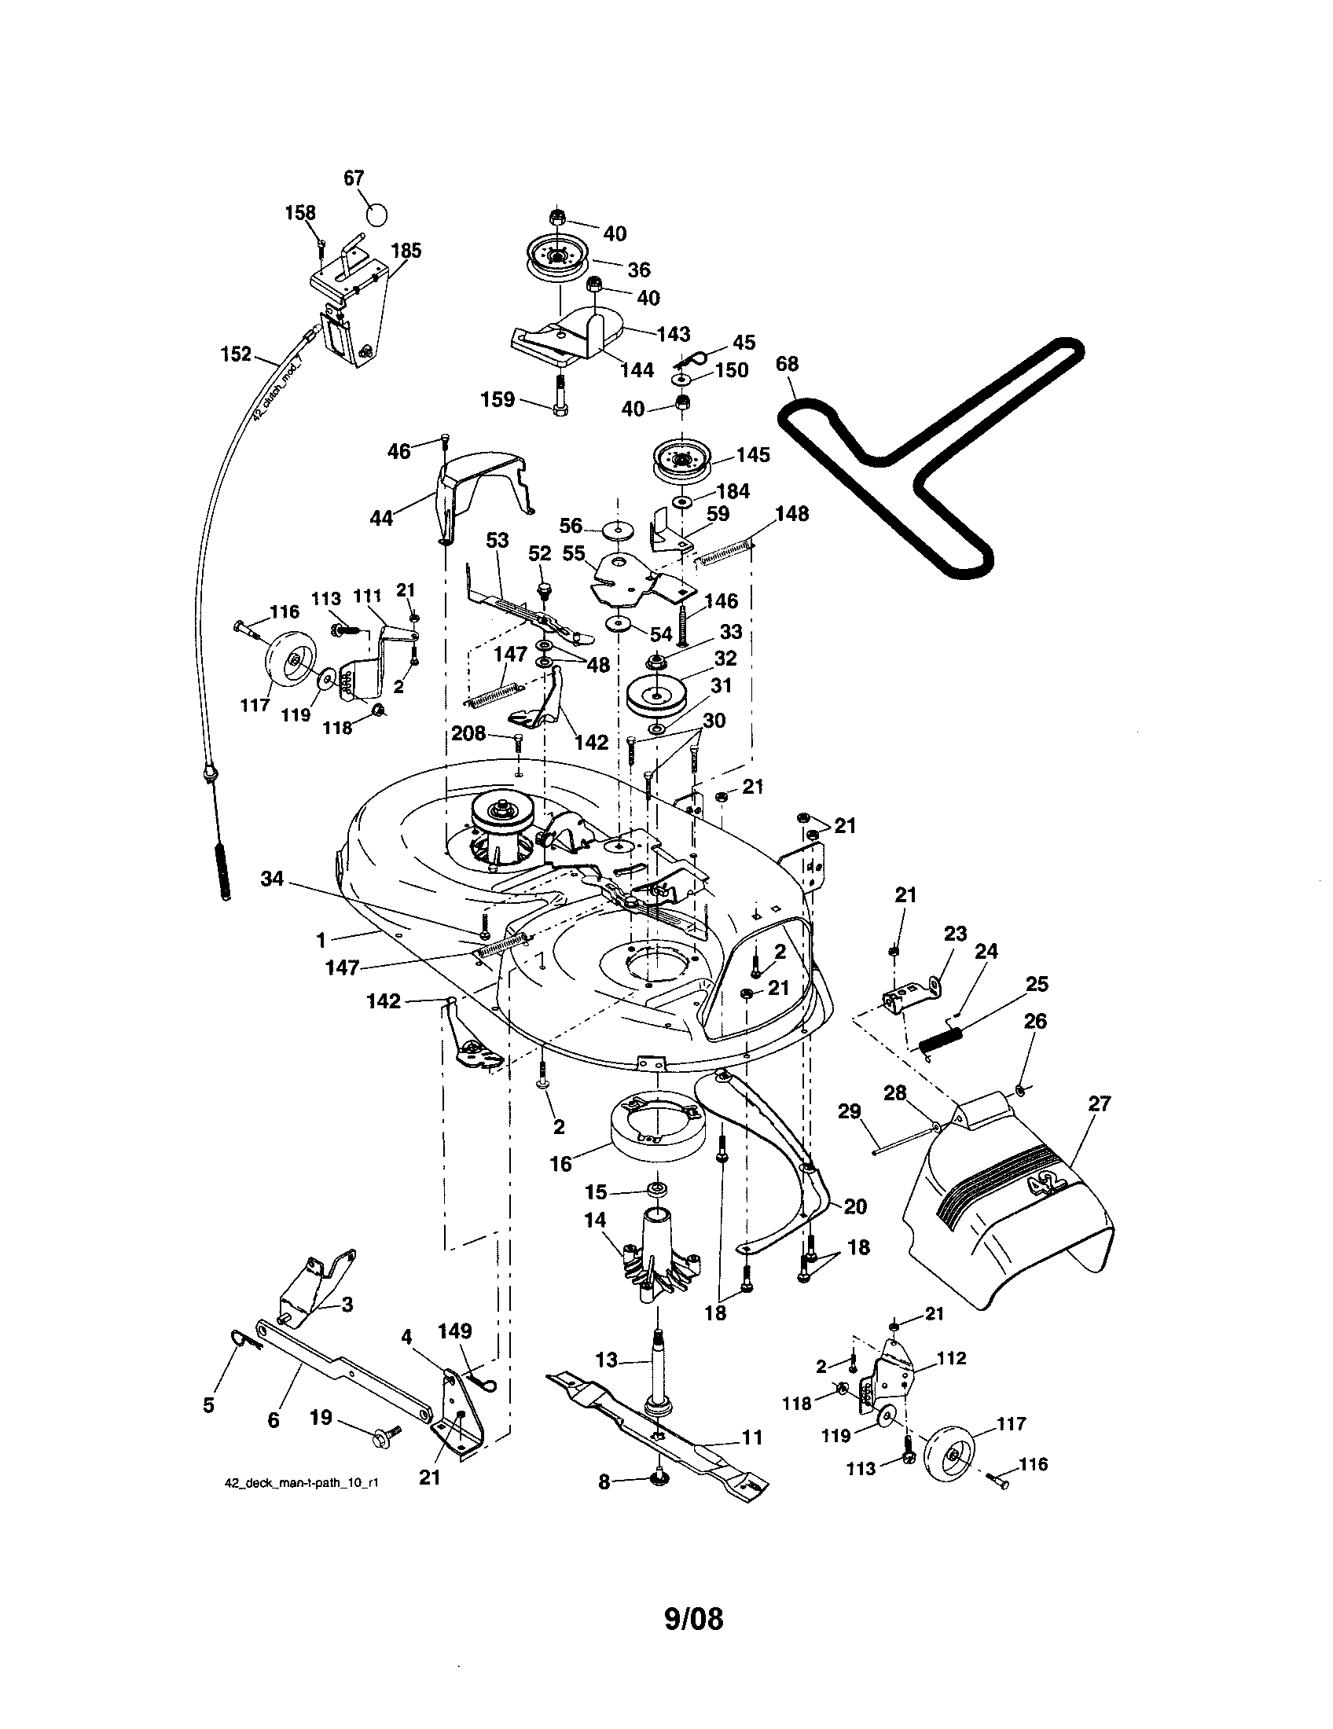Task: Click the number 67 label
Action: click(x=354, y=178)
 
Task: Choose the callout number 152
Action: click(x=235, y=354)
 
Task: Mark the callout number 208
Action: click(x=468, y=734)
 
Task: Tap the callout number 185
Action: click(x=406, y=251)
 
